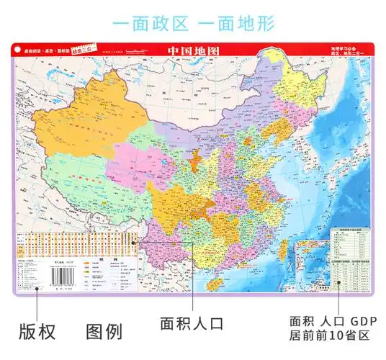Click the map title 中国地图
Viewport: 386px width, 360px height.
[x=193, y=52]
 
